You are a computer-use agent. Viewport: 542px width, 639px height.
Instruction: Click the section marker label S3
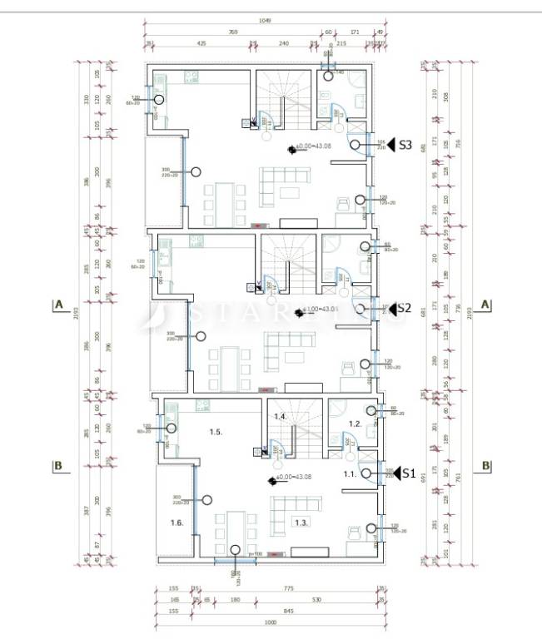pos(405,144)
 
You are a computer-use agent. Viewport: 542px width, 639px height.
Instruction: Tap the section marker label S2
pos(404,307)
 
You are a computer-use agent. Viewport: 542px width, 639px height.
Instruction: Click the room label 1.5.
pos(215,433)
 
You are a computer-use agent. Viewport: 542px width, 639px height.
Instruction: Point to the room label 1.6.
pos(177,523)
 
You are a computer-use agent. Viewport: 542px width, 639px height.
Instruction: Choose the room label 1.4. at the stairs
pos(281,416)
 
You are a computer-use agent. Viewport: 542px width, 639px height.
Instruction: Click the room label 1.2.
pos(355,424)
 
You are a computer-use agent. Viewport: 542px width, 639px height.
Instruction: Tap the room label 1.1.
pos(351,473)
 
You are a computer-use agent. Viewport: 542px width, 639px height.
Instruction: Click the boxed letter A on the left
pos(58,305)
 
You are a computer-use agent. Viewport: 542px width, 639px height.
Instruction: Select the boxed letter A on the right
pos(486,305)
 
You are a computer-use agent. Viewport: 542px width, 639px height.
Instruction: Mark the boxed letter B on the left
pos(58,465)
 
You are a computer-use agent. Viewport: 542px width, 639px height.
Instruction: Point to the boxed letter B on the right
pos(486,465)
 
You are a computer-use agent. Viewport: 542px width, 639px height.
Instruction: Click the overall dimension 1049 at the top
pos(265,21)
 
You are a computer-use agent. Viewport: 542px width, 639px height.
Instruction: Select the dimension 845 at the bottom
pos(288,612)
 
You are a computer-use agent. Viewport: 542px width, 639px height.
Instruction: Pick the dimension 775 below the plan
pos(288,589)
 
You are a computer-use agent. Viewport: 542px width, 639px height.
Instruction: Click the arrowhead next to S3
pos(391,144)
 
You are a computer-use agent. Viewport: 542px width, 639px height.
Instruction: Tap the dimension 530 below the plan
pos(317,600)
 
